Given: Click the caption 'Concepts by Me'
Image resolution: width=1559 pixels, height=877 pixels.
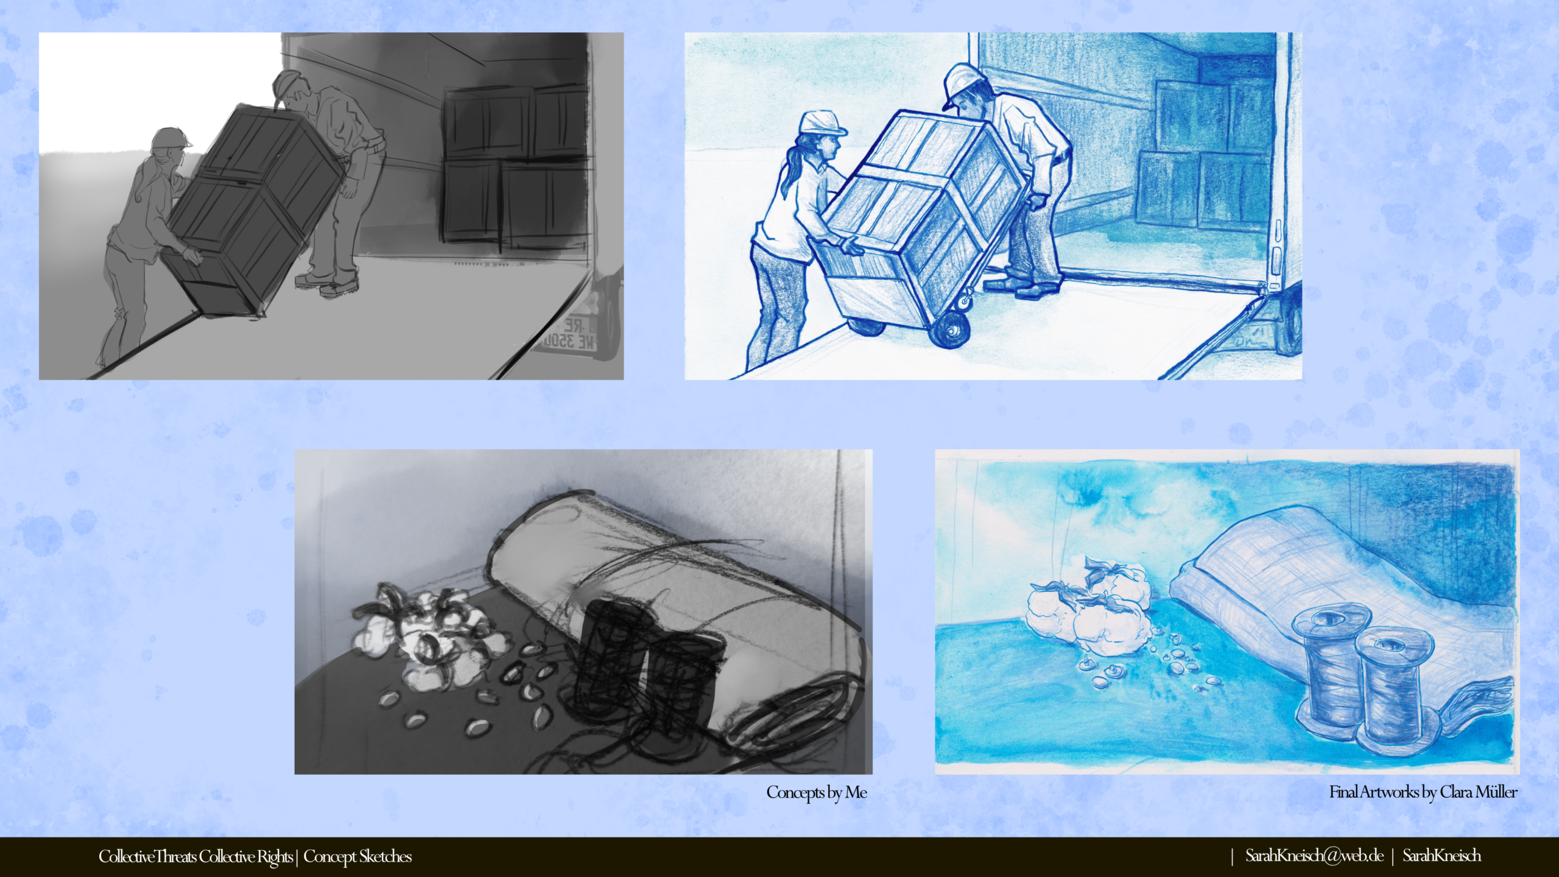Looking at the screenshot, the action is (x=817, y=792).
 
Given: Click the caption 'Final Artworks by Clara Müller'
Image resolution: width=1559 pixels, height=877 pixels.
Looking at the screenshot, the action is (x=1423, y=792).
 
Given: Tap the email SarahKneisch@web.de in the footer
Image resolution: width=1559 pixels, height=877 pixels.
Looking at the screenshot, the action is (x=1314, y=856).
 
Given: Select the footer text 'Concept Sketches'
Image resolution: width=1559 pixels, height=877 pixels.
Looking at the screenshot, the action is (x=357, y=856).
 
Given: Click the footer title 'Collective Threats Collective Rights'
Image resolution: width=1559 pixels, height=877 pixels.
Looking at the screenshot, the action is (x=195, y=856).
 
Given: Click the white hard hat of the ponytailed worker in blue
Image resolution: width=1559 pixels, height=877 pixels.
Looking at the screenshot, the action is (x=822, y=123).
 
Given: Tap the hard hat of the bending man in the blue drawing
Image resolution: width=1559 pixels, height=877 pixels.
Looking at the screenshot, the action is (x=963, y=84).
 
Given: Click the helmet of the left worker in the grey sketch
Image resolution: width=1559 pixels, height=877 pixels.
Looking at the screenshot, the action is (x=171, y=139).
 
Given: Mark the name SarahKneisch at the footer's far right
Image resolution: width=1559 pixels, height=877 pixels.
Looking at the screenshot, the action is (x=1442, y=856).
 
